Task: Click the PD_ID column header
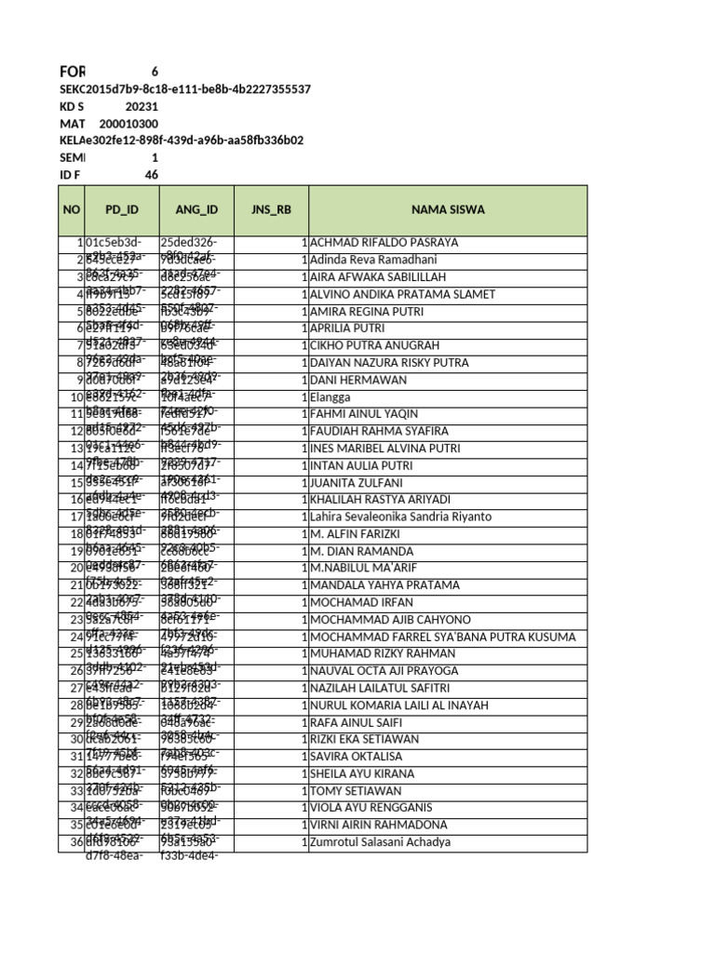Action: tap(121, 209)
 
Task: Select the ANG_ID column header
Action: tap(196, 209)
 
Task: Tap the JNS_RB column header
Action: tap(271, 209)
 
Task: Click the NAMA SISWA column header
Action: tap(448, 209)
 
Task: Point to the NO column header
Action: tap(72, 209)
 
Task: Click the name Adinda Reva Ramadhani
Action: tap(378, 260)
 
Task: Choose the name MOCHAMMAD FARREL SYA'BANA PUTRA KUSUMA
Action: tap(442, 637)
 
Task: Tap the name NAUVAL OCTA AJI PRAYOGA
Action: tap(384, 671)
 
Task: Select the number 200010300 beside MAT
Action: tap(128, 124)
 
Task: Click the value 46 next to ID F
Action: tap(152, 175)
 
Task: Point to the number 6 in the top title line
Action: tap(155, 72)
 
